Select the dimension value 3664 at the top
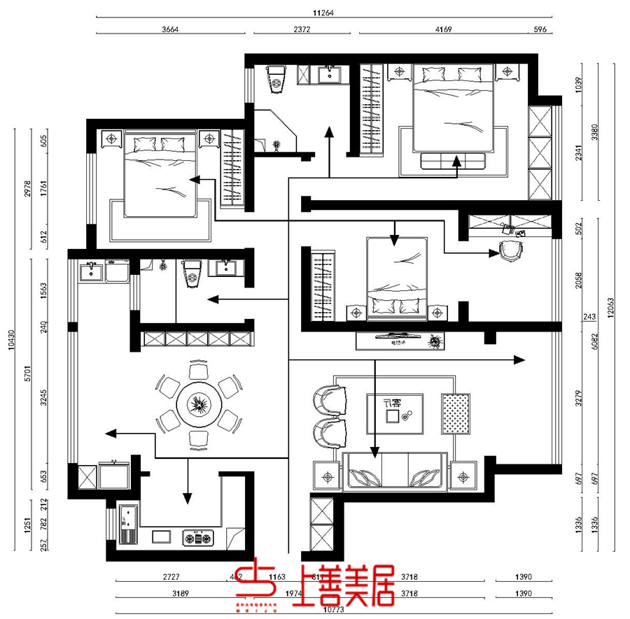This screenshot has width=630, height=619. (x=171, y=29)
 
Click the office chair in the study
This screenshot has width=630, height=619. (x=510, y=250)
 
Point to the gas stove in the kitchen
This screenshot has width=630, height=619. (x=197, y=538)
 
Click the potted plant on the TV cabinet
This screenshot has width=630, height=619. (x=437, y=341)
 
